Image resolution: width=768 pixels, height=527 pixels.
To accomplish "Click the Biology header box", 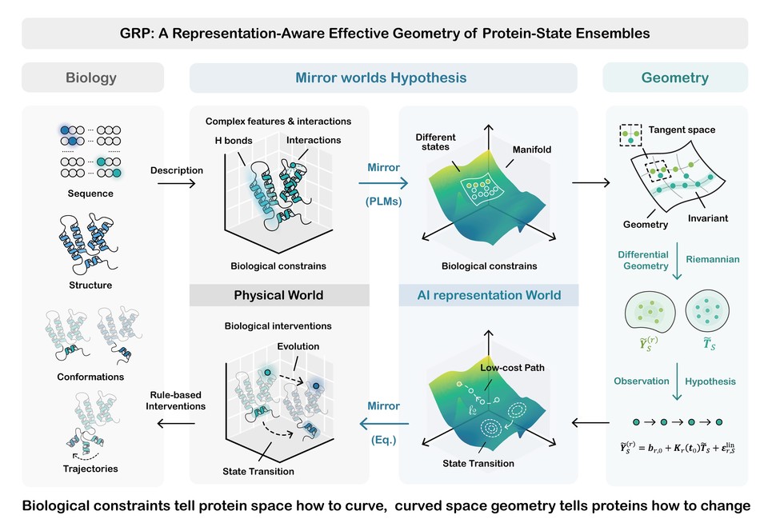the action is coord(93,78).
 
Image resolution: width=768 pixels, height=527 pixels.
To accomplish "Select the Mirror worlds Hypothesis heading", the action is coord(381,78).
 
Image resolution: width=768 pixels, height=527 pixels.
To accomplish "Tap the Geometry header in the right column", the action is coord(675,78).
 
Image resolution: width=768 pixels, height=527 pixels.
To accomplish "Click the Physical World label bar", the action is coord(279,295).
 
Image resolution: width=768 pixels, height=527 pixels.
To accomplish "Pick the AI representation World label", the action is coord(489,295).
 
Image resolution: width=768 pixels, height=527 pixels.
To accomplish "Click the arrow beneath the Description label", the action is coord(176,184).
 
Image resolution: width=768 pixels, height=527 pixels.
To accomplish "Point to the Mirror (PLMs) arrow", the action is coord(383,183).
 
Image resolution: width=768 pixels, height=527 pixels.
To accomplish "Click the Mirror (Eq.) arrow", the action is coord(384,423).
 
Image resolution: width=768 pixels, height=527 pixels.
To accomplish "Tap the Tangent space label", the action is coord(682,130).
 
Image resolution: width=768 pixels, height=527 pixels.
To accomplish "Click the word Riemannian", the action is coord(713,259).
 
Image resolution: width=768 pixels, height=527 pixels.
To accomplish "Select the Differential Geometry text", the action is coord(643,260).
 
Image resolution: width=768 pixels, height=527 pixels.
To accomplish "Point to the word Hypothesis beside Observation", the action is coord(710,381).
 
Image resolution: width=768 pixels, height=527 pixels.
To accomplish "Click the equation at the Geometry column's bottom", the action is coord(678,447).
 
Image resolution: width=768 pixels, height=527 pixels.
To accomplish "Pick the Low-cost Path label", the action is coord(512,367).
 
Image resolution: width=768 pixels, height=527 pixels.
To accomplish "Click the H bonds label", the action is coord(234,141).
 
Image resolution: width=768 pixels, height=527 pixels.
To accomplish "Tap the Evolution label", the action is coord(298,346).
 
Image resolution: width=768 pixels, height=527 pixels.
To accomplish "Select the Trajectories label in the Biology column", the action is coord(90,469).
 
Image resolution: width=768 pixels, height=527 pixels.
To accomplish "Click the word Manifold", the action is coord(532,150).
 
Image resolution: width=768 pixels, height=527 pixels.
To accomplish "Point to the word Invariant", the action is coord(708,218).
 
